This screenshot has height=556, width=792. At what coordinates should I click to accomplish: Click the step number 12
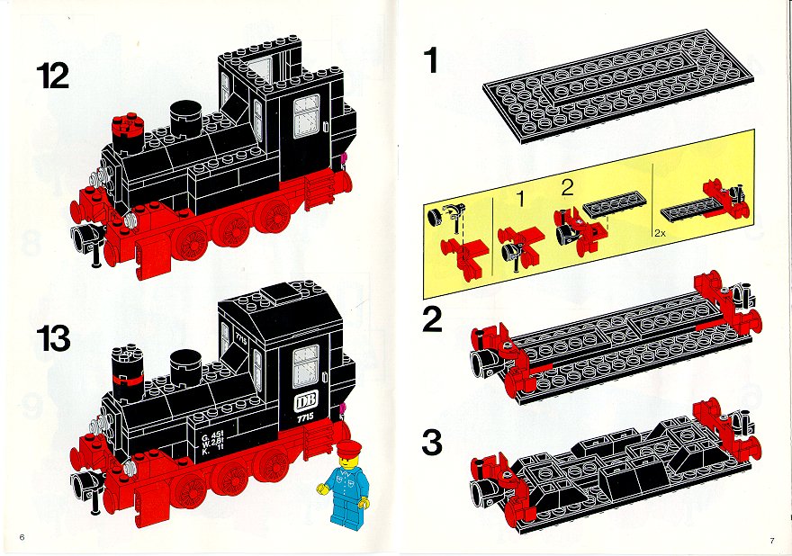(x=52, y=76)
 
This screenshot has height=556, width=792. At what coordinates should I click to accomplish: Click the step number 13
(x=53, y=338)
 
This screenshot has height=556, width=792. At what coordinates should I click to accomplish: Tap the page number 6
(x=22, y=537)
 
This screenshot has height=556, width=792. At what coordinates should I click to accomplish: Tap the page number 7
(x=772, y=541)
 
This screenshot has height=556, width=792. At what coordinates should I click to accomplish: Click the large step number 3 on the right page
(x=432, y=442)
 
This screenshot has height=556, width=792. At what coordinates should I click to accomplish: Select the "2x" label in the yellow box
(x=660, y=233)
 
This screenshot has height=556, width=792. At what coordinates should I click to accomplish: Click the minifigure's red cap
(x=349, y=447)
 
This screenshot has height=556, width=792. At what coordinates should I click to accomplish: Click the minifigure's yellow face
(x=349, y=462)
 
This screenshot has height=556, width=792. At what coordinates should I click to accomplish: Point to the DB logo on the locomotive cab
(x=306, y=402)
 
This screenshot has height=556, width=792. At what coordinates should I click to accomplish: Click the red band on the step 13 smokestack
(x=127, y=380)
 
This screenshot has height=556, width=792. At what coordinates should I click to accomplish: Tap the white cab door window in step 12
(x=307, y=116)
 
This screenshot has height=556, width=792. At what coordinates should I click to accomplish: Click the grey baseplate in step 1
(x=618, y=85)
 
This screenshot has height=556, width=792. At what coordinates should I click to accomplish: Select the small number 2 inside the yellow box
(x=567, y=187)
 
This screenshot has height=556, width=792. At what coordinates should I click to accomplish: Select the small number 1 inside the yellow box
(x=522, y=199)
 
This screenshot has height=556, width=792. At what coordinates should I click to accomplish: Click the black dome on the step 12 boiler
(x=185, y=118)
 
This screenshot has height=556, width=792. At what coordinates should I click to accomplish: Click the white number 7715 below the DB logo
(x=306, y=417)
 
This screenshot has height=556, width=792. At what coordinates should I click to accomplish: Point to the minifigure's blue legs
(x=346, y=511)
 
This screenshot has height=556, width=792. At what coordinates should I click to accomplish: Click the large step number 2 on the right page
(x=432, y=319)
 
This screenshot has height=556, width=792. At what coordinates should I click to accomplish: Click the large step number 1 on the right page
(x=431, y=60)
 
